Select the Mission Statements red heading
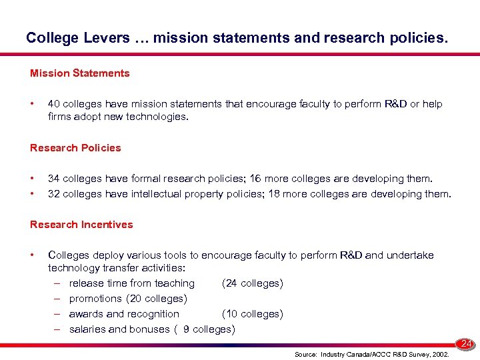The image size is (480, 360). click(x=80, y=73)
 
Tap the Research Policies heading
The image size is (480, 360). click(x=75, y=148)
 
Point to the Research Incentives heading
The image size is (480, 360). click(x=81, y=225)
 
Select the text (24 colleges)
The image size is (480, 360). click(x=252, y=283)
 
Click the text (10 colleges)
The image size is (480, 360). click(x=252, y=314)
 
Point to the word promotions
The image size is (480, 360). click(x=95, y=299)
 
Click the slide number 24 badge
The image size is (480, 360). click(x=467, y=344)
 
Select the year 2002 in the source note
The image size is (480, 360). click(x=439, y=355)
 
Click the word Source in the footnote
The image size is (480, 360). click(x=305, y=355)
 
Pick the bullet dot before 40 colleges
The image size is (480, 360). click(x=32, y=104)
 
